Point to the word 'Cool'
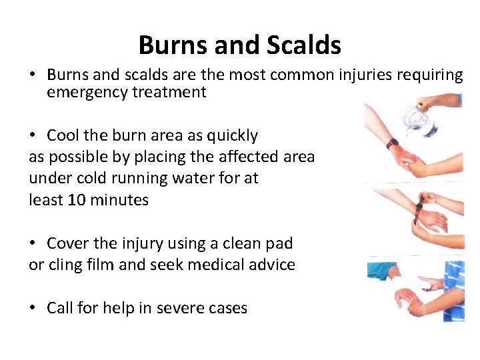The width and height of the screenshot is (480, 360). click(63, 135)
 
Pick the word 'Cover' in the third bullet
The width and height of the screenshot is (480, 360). click(68, 243)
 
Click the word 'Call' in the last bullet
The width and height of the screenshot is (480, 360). click(60, 308)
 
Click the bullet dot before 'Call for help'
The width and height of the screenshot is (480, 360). click(33, 309)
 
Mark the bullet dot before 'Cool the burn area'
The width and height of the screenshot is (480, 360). click(33, 136)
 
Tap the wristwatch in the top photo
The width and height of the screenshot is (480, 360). click(392, 143)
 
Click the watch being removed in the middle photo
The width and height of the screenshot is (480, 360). click(419, 211)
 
